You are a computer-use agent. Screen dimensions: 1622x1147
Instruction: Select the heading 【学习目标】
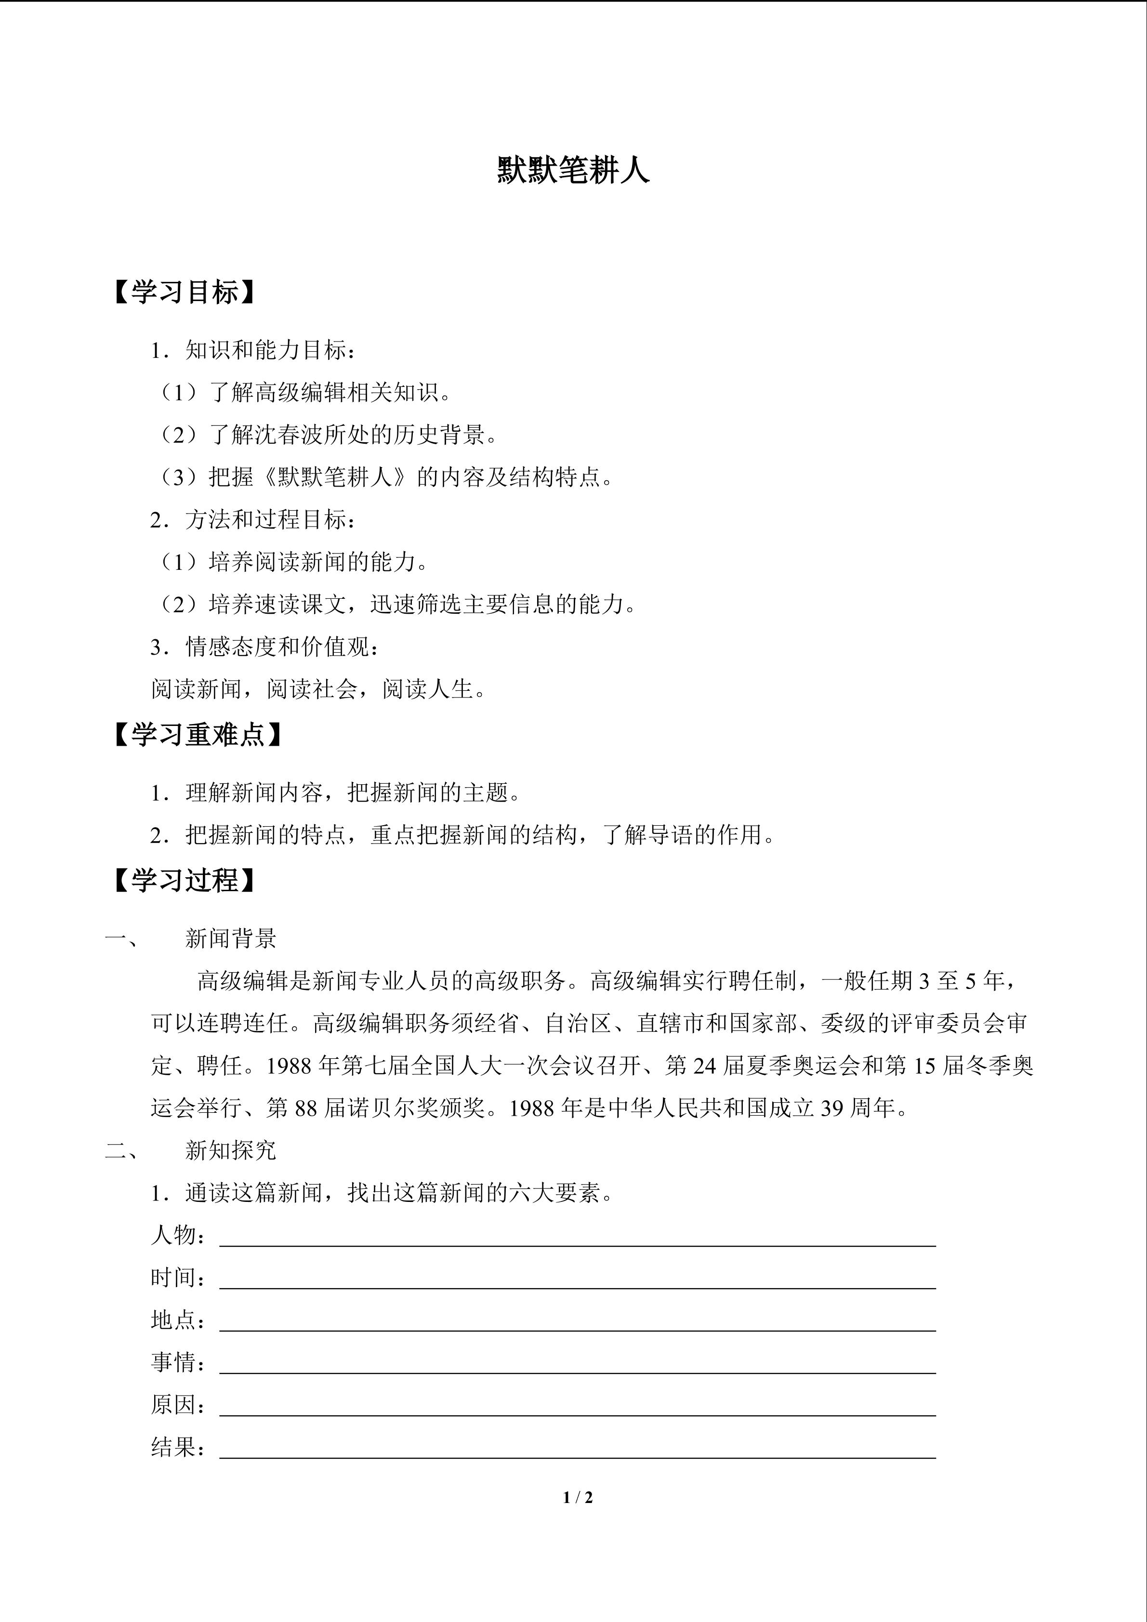184,292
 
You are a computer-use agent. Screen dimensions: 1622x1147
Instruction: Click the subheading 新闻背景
231,938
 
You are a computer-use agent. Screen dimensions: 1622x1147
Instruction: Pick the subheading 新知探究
231,1150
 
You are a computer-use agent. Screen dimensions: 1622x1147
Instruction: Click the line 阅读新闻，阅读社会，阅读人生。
319,689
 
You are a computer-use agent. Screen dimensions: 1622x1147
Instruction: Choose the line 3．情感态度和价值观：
265,646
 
